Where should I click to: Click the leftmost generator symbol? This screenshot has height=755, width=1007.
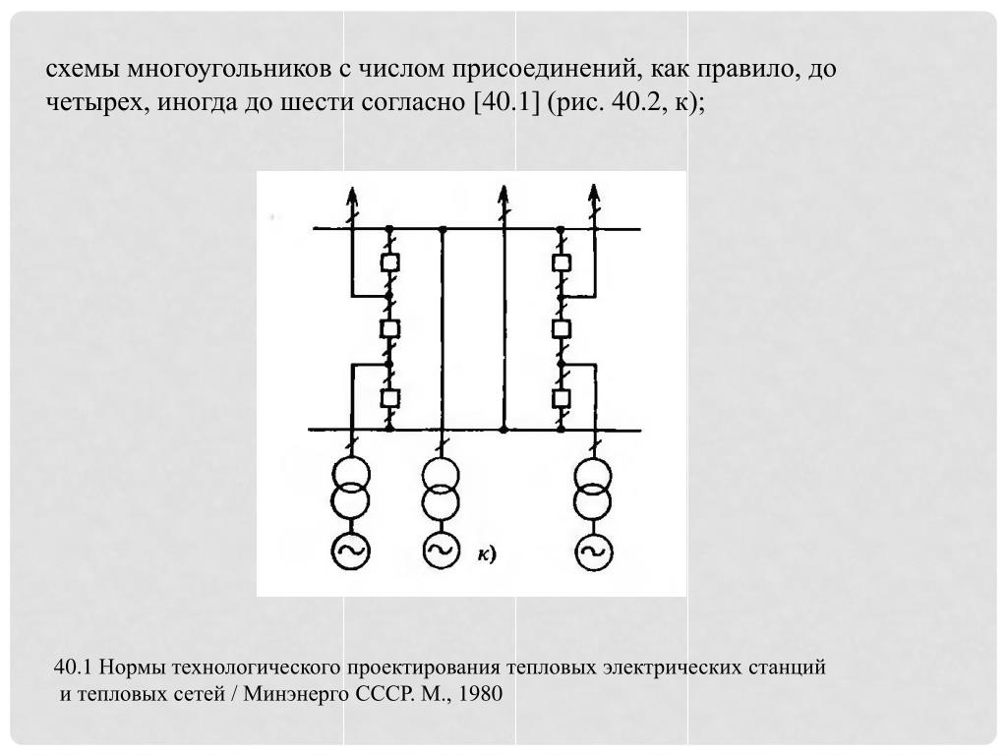click(x=351, y=551)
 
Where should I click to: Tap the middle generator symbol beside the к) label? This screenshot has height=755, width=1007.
click(x=442, y=551)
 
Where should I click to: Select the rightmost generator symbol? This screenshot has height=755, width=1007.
click(x=593, y=552)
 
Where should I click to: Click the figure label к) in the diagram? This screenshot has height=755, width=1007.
click(x=486, y=553)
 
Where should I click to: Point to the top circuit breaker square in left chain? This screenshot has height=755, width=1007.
click(x=389, y=261)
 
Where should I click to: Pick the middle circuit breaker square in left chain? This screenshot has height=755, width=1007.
click(x=389, y=328)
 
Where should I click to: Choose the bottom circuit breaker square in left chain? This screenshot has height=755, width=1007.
click(x=389, y=398)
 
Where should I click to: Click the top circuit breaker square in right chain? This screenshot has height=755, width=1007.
click(x=562, y=261)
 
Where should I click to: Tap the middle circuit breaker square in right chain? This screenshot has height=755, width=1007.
click(x=562, y=328)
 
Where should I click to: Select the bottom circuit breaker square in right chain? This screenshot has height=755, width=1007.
click(x=562, y=398)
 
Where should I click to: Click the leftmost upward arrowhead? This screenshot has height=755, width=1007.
click(x=351, y=195)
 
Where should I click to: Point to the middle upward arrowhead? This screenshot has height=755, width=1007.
click(x=503, y=195)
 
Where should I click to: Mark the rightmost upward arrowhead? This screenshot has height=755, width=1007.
click(x=594, y=195)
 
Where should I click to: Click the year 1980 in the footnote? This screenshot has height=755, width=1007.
click(x=480, y=694)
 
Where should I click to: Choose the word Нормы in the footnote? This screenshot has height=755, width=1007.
click(x=133, y=668)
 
